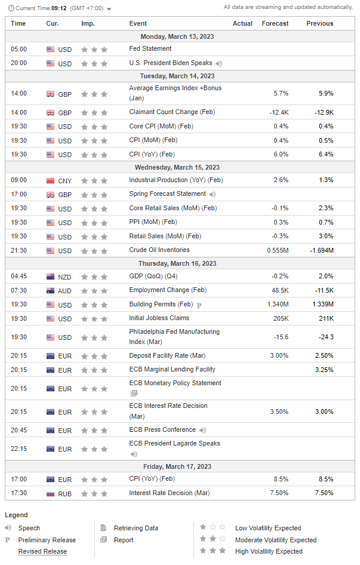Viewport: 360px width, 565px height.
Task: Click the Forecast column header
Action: pyautogui.click(x=275, y=23)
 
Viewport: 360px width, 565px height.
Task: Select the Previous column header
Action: pyautogui.click(x=319, y=23)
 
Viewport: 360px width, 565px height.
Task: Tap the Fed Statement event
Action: pyautogui.click(x=150, y=48)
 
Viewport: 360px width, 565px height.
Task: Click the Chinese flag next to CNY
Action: pyautogui.click(x=50, y=180)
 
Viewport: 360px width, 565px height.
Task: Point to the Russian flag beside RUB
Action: pyautogui.click(x=50, y=493)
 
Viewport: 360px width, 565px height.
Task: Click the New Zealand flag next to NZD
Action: pyautogui.click(x=50, y=277)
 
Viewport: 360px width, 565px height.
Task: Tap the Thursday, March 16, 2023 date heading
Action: pyautogui.click(x=177, y=263)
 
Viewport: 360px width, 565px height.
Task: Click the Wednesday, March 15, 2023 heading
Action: pyautogui.click(x=177, y=167)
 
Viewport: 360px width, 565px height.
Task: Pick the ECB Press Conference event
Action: pyautogui.click(x=162, y=429)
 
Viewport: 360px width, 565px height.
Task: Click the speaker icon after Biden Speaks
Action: pyautogui.click(x=219, y=63)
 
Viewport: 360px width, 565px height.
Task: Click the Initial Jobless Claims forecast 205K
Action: pyautogui.click(x=280, y=318)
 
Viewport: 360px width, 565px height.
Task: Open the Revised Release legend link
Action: pyautogui.click(x=42, y=551)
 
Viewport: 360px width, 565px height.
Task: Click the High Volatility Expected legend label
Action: pyautogui.click(x=269, y=551)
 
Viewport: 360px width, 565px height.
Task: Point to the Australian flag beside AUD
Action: pyautogui.click(x=50, y=290)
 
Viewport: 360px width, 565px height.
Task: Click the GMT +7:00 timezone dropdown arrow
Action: pyautogui.click(x=109, y=8)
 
